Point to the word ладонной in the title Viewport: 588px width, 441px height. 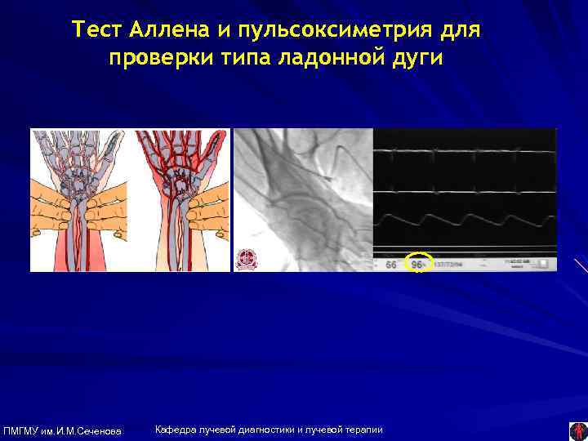pyautogui.click(x=323, y=60)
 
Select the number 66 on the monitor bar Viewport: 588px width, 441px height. pyautogui.click(x=391, y=265)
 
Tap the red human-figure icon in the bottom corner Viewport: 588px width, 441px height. pyautogui.click(x=577, y=430)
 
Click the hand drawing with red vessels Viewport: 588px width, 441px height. pyautogui.click(x=180, y=200)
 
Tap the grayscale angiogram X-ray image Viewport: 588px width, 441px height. pyautogui.click(x=302, y=200)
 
